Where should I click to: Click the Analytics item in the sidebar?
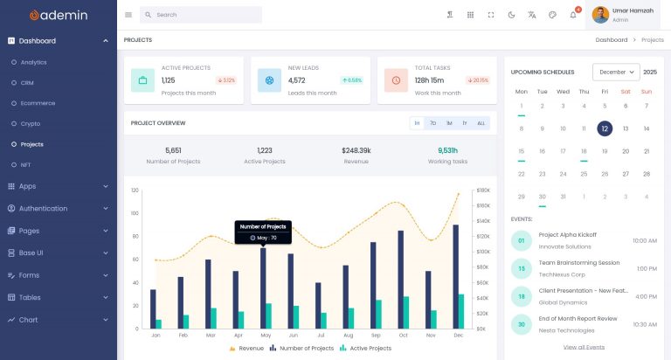click(x=33, y=62)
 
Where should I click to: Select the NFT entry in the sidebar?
click(x=25, y=164)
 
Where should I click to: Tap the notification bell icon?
click(x=573, y=15)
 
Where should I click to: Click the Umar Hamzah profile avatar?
click(x=601, y=15)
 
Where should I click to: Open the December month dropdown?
click(x=616, y=72)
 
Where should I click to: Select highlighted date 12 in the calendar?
click(x=605, y=128)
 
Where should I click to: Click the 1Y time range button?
click(x=464, y=123)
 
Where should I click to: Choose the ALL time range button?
click(x=481, y=123)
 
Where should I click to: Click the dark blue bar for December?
click(x=455, y=276)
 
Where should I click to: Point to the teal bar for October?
click(x=406, y=312)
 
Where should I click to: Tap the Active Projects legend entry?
click(x=366, y=348)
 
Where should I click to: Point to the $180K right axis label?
click(x=483, y=190)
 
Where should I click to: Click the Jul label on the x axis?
click(x=320, y=336)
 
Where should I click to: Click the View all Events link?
click(x=584, y=347)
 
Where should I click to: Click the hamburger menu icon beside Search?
click(x=128, y=15)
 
